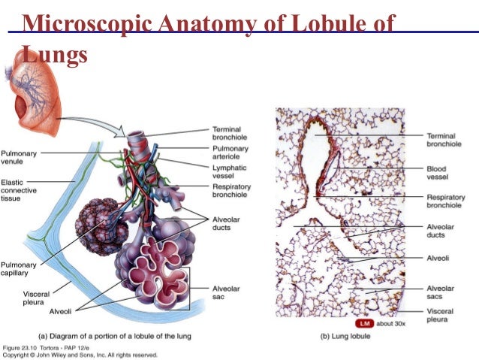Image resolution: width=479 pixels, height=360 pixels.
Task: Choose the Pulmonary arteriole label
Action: click(230, 153)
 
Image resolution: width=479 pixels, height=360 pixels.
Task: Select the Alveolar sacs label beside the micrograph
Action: click(440, 292)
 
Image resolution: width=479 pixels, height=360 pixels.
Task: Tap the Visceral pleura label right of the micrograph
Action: click(440, 316)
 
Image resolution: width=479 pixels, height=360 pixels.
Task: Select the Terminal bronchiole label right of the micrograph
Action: click(444, 140)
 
